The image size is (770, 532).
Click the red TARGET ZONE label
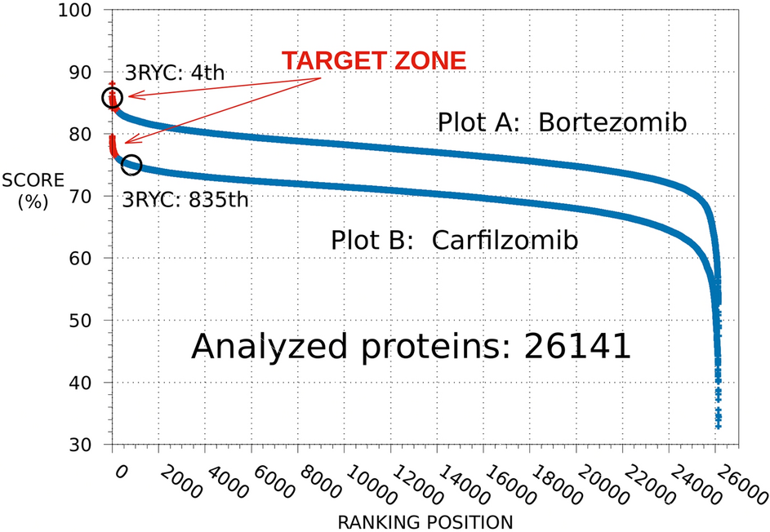[374, 60]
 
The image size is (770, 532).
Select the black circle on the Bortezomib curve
[112, 98]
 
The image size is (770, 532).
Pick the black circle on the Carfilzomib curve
[131, 165]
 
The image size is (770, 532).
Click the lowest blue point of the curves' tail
[718, 426]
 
